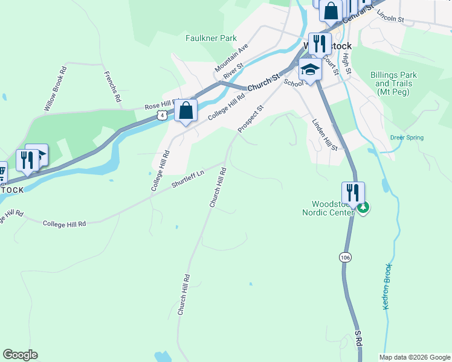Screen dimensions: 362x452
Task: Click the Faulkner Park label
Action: (211, 38)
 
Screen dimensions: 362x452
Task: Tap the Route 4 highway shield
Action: (161, 115)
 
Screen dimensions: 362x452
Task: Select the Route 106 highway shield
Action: (344, 258)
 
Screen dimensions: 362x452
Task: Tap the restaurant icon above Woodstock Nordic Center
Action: (353, 193)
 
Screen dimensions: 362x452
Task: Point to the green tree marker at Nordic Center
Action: (363, 208)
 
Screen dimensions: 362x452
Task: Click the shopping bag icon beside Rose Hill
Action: (186, 110)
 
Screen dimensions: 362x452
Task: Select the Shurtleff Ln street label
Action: (188, 179)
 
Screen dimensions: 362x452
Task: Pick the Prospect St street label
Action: (251, 119)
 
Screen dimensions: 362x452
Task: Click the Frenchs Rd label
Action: (113, 86)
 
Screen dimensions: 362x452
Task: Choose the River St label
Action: (233, 71)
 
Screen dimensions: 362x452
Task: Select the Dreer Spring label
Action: (407, 138)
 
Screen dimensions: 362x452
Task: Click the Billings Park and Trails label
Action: (393, 84)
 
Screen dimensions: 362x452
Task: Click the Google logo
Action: (20, 355)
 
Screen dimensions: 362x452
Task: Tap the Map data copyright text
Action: (415, 357)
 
